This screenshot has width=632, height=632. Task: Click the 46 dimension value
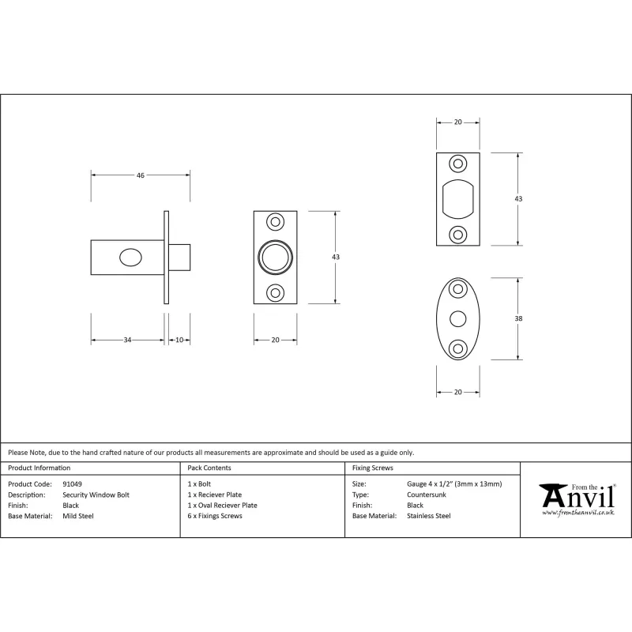[x=141, y=175]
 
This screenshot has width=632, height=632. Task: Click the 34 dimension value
[x=127, y=340]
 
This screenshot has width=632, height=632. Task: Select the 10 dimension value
[x=179, y=340]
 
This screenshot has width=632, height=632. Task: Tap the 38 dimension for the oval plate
[x=518, y=318]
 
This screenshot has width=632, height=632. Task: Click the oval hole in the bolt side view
[x=130, y=258]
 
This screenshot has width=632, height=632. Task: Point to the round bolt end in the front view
[x=275, y=258]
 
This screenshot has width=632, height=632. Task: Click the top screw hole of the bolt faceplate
[x=275, y=222]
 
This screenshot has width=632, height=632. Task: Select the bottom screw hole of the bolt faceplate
[x=275, y=292]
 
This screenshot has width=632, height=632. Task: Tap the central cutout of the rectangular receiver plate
[x=458, y=199]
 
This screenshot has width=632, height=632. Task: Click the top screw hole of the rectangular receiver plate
[x=458, y=164]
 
